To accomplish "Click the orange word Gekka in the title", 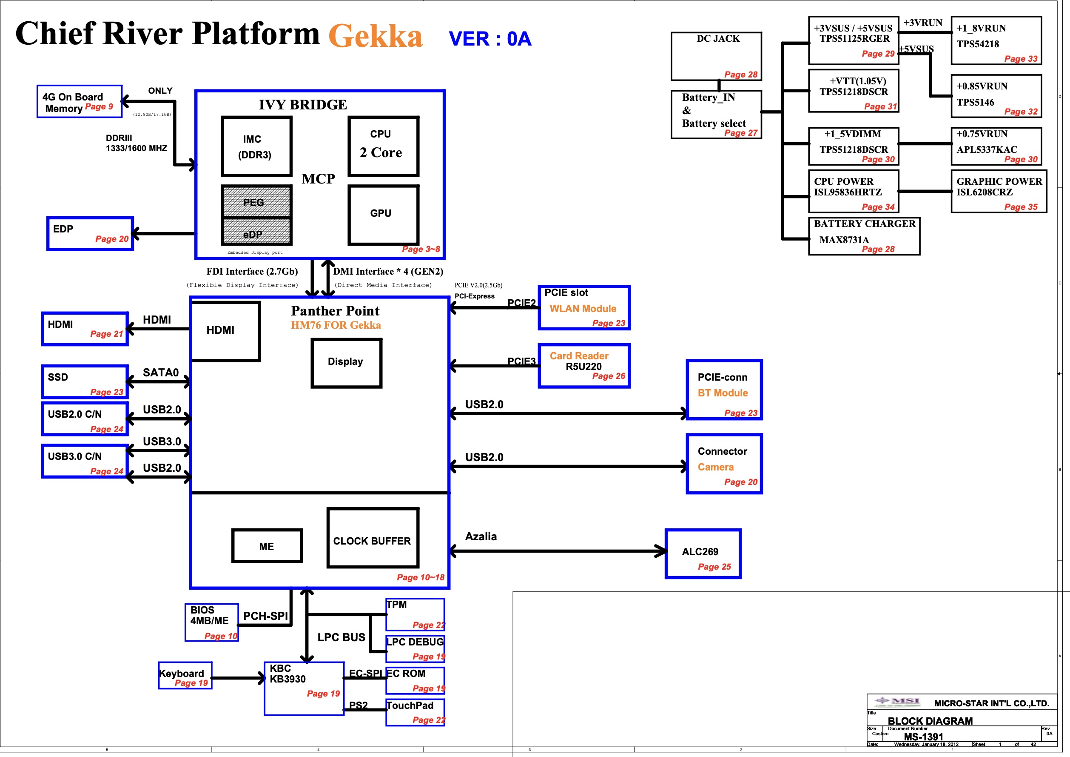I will (x=375, y=35).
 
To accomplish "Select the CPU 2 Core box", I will (x=383, y=146).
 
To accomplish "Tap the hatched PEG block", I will (x=256, y=201).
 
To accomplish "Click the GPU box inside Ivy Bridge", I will (x=383, y=214).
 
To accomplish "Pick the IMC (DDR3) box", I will (x=256, y=146).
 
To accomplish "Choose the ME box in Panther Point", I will (x=267, y=546).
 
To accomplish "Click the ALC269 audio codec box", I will (x=703, y=553).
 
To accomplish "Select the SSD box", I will (x=84, y=381).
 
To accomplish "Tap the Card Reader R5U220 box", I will (x=584, y=366).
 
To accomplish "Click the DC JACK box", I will (x=716, y=55).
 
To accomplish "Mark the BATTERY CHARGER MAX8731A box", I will (x=864, y=236).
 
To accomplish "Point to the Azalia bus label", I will (x=481, y=536).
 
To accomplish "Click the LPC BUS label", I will (x=341, y=637).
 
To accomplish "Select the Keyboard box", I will (x=185, y=675).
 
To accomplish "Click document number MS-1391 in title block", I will (x=923, y=737).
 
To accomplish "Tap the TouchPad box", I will (x=415, y=712).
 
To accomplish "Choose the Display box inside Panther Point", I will (x=346, y=363).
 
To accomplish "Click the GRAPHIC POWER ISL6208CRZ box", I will (x=998, y=191).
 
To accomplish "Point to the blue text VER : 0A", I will (x=490, y=39).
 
